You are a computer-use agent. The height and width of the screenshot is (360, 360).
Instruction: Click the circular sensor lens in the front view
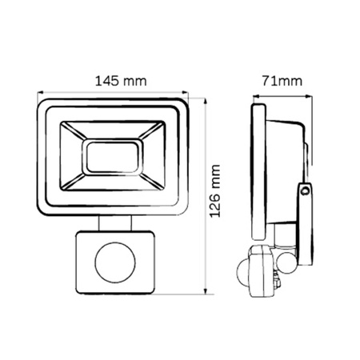(112, 264)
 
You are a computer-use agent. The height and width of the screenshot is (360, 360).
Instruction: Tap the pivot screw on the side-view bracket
(305, 192)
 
